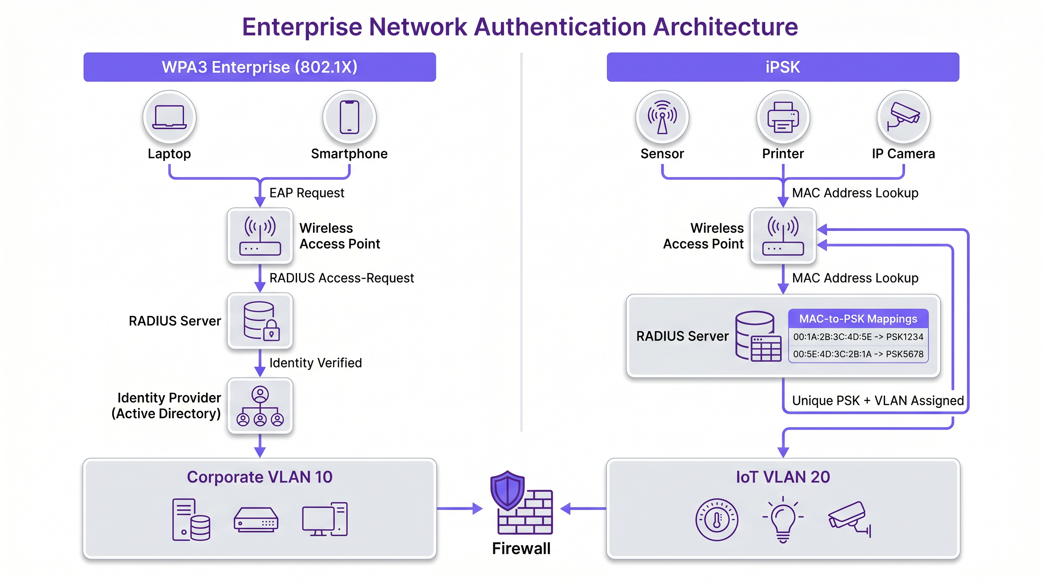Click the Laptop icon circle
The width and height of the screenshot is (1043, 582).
[x=169, y=117]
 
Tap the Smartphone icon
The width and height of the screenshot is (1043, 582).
[x=349, y=117]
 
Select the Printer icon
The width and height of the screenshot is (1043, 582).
[x=783, y=117]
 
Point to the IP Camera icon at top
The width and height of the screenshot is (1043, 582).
[x=903, y=117]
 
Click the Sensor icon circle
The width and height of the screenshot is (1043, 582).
[x=662, y=117]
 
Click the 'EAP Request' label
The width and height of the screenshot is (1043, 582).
[x=307, y=193]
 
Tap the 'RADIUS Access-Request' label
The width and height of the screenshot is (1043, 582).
[x=341, y=278]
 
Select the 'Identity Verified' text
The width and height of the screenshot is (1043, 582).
[x=315, y=363]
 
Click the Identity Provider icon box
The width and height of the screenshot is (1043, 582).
[x=260, y=406]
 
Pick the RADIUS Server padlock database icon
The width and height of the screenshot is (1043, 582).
[x=260, y=321]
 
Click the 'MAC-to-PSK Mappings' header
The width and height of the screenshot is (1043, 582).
[x=858, y=319]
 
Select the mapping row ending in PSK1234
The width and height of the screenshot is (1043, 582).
[x=858, y=337]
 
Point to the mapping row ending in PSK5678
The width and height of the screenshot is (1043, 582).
[x=858, y=354]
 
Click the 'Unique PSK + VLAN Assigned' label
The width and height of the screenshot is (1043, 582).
[x=877, y=401]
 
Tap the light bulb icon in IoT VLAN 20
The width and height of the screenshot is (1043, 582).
[x=783, y=520]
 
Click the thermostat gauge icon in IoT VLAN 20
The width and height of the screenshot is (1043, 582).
[x=717, y=520]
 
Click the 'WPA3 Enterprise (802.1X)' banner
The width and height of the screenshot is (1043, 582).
[x=260, y=67]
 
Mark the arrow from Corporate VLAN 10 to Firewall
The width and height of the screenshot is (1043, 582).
[x=460, y=508]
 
